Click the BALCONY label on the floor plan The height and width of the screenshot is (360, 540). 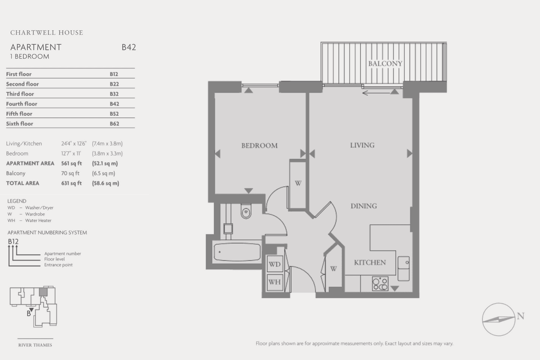pos(385,63)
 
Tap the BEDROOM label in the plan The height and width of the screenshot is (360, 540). pos(259,146)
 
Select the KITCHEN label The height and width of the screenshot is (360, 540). pos(370,262)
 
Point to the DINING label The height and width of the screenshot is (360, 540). pos(364,206)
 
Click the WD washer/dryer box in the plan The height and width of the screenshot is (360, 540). pos(275,264)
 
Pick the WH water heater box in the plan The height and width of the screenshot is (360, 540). pos(275,282)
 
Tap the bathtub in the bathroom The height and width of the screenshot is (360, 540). pos(237,252)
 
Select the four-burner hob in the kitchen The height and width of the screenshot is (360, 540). pos(380,283)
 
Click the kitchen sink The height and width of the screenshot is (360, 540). pos(403,269)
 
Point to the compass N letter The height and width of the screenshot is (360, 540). pos(521,316)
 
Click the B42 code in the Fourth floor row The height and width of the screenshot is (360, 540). pos(114,104)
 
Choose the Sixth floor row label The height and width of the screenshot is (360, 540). pos(19,124)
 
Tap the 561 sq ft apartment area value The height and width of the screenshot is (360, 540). pos(72,163)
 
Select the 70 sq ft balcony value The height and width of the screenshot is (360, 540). pos(70,173)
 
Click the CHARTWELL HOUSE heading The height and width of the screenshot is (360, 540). pos(46,32)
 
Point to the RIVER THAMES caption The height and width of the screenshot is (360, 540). pos(35,345)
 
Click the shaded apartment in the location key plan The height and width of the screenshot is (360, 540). pos(43,292)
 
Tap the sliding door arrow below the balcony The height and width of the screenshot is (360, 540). pos(376,93)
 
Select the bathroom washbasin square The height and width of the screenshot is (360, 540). pos(228,229)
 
